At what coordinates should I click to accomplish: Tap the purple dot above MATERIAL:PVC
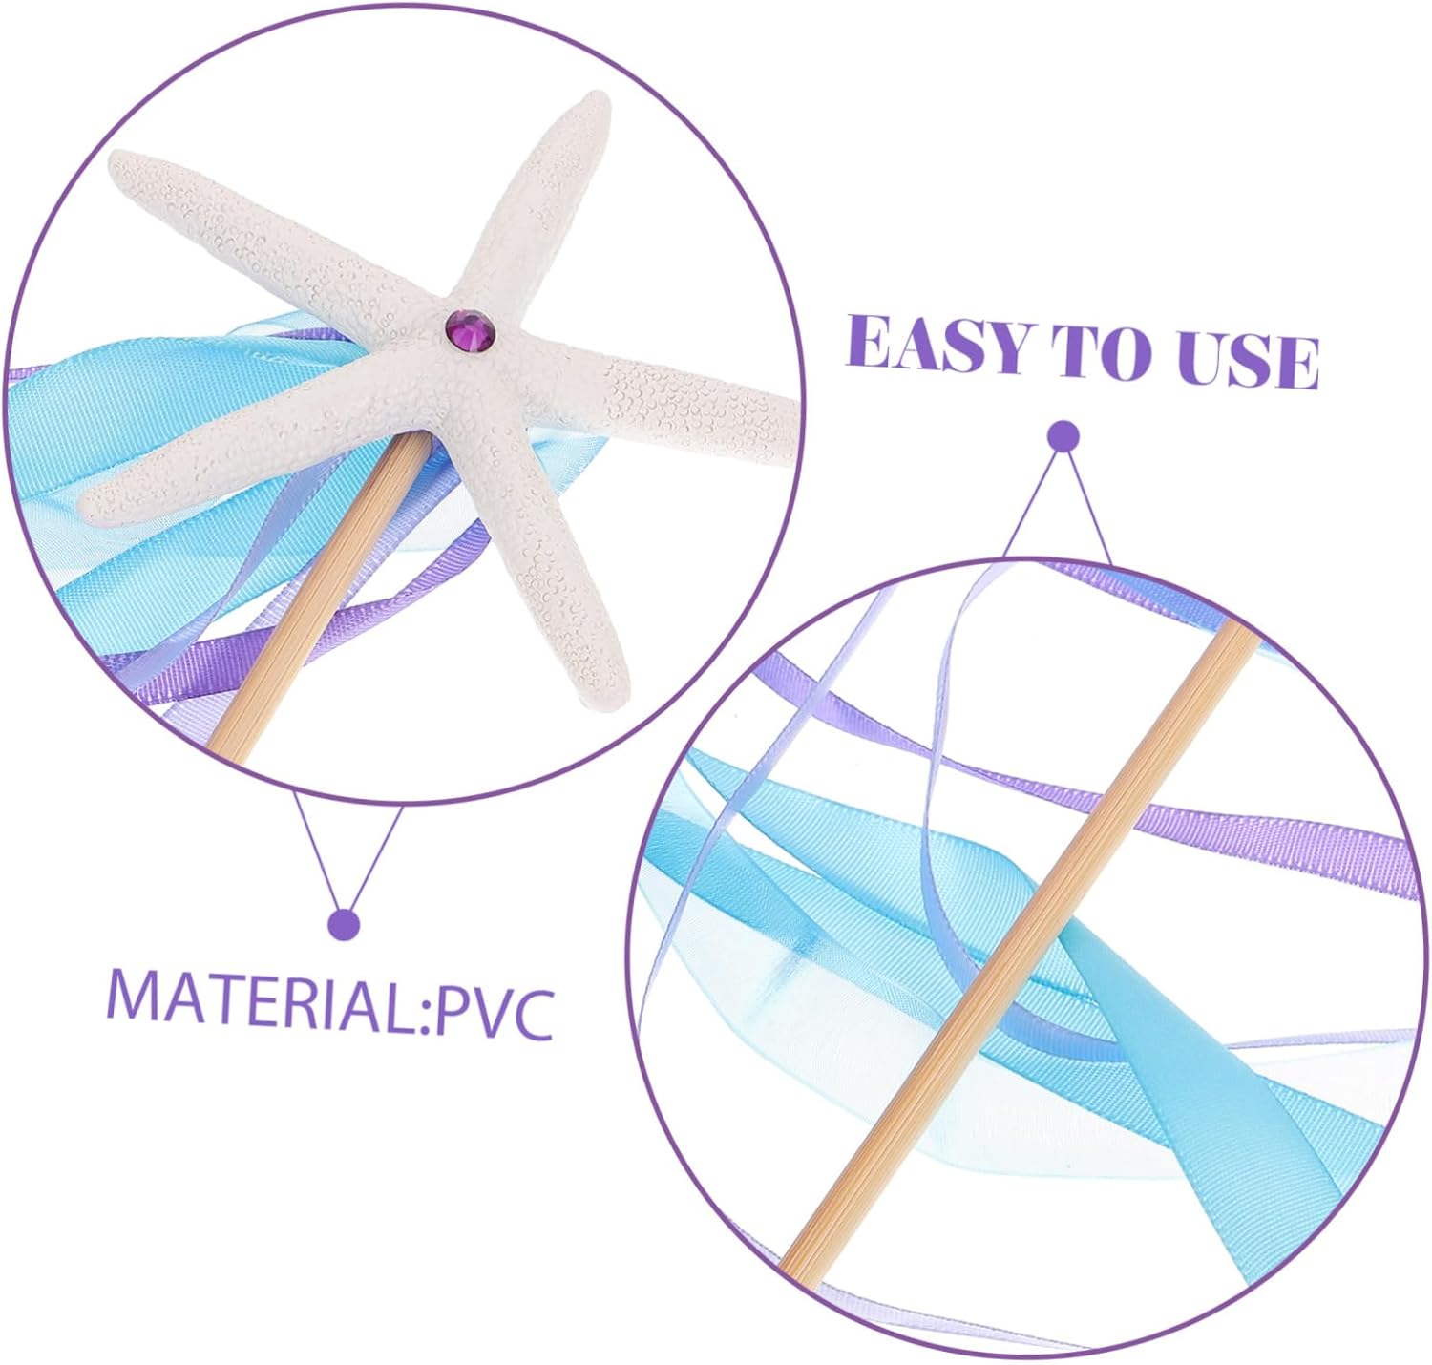(x=343, y=924)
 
